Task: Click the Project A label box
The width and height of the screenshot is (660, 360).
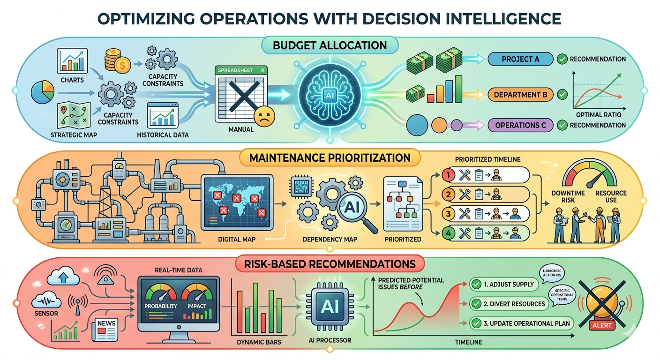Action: click(x=520, y=59)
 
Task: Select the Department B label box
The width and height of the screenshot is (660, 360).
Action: click(x=520, y=95)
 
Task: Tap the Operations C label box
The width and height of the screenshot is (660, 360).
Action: click(x=520, y=125)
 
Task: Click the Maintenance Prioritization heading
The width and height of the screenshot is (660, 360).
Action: click(x=330, y=157)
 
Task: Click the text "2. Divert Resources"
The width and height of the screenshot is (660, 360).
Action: click(x=515, y=303)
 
